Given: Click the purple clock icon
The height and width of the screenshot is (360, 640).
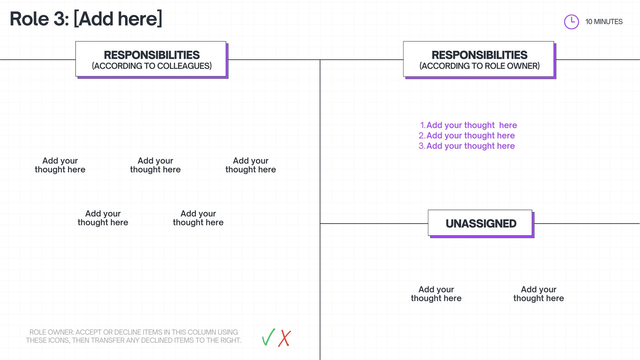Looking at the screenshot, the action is pos(572,22).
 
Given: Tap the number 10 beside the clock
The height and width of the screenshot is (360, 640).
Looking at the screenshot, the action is pos(588,22).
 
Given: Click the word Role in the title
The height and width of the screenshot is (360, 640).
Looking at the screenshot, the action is pos(30,19).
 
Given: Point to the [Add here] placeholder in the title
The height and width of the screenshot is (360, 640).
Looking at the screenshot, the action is pos(118,19).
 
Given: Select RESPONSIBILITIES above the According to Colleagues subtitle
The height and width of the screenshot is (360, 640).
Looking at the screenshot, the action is pos(152,55).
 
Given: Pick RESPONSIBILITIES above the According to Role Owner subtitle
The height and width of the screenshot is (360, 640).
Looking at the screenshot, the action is pos(480,55).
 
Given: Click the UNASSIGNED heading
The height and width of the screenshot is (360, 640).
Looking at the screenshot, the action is pos(481,224).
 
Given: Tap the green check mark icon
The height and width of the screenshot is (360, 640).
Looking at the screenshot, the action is pos(268,337).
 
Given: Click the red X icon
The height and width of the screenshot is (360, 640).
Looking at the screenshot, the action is pos(284,338).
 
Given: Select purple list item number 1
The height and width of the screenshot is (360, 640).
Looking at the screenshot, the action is pos(468,125).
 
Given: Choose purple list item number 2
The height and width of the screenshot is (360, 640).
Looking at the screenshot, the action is pos(467,136).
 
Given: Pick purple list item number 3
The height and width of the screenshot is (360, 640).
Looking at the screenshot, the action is pos(467,146).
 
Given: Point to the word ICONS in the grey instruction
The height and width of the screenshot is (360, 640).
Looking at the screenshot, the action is pos(56,340).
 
